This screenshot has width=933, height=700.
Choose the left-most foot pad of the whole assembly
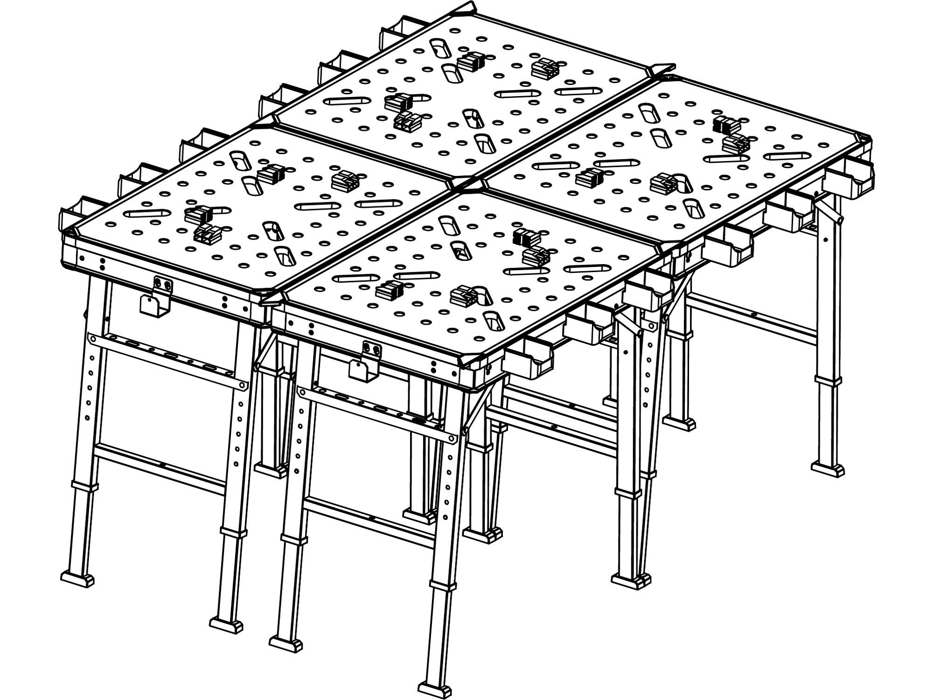point(77,579)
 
